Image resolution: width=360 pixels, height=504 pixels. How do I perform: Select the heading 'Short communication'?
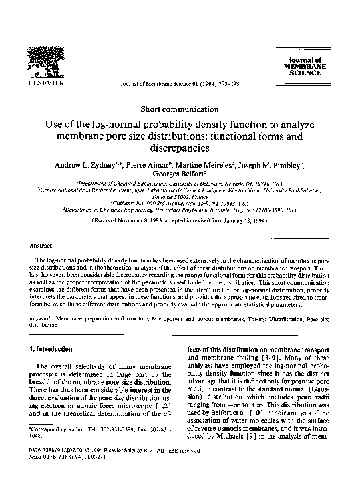(179, 108)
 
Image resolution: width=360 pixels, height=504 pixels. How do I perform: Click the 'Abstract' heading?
(42, 245)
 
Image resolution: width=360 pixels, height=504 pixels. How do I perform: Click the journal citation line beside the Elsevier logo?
(175, 85)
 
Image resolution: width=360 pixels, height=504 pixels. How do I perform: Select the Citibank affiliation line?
(180, 203)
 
